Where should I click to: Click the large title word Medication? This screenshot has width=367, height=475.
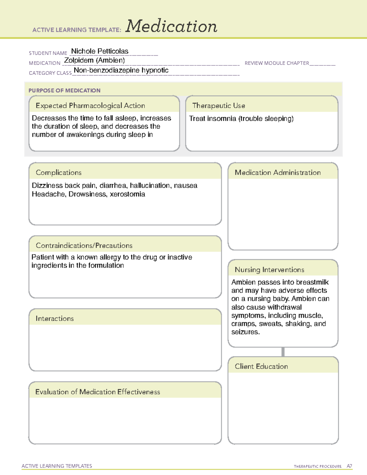coord(171,26)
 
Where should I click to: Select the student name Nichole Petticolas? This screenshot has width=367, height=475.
coord(100,51)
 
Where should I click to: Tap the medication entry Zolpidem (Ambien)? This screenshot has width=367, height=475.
coord(94,60)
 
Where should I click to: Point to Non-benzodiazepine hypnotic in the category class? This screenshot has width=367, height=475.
coord(121,70)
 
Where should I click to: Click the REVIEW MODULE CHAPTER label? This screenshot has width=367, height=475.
coord(277,63)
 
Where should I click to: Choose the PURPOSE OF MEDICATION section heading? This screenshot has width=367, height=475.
coord(64,91)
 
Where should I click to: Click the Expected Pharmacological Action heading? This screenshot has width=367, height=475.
coord(90,106)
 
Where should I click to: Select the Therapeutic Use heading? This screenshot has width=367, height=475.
coord(218,106)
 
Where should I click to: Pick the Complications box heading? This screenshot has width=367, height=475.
coord(58,173)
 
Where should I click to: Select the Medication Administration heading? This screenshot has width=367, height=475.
coord(277,173)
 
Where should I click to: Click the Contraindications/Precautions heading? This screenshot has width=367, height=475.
coord(84,246)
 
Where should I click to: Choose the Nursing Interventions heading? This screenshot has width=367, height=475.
coord(269,270)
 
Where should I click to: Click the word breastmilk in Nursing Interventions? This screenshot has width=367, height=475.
coord(312,282)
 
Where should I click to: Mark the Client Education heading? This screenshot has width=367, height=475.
coord(261,366)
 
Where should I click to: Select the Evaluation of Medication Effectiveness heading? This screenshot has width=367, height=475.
coord(98,392)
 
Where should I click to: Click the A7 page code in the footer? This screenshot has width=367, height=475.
coord(349,466)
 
